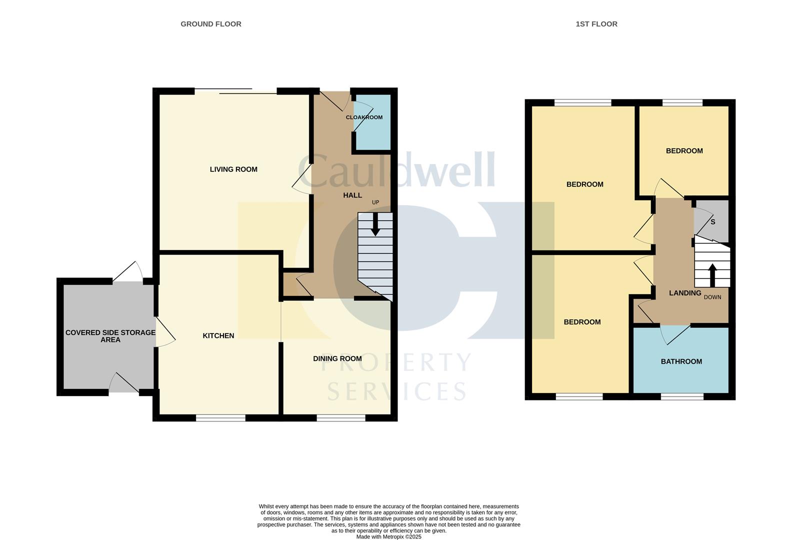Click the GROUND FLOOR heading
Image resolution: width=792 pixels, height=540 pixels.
tap(210, 24)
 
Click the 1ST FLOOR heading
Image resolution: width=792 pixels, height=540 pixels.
tap(596, 24)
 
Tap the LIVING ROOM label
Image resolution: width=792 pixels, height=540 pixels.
tap(233, 169)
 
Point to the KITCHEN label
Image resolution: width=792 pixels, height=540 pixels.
tap(218, 335)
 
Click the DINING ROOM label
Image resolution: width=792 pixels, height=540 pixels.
tap(337, 358)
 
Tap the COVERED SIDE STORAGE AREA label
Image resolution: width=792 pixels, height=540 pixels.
tap(110, 336)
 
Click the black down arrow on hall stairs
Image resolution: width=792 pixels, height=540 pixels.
tap(375, 227)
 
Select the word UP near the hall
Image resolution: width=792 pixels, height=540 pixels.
tap(375, 202)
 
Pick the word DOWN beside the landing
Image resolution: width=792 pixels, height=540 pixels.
tap(712, 297)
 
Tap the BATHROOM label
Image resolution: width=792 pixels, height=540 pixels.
tap(681, 361)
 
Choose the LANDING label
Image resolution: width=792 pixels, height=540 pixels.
tap(685, 293)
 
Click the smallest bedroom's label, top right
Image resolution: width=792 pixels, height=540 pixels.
tap(684, 151)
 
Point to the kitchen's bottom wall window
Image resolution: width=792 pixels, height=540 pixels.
tap(220, 417)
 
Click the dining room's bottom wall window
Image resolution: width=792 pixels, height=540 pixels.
tap(341, 417)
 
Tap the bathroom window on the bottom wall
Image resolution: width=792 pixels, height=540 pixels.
tap(682, 396)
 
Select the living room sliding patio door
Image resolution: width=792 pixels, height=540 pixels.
tap(235, 91)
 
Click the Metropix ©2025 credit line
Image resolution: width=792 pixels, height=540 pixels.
tap(388, 537)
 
